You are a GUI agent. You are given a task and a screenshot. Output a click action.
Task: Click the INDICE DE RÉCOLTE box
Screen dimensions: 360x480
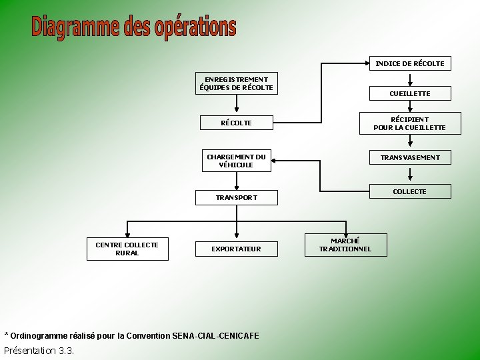pos(409,63)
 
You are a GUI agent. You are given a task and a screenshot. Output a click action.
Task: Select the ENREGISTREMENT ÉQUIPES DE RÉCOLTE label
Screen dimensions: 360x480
pos(236,83)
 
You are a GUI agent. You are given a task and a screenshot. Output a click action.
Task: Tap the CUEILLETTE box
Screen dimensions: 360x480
pos(409,93)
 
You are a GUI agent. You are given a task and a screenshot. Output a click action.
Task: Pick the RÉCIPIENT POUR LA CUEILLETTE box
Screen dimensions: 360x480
pos(409,123)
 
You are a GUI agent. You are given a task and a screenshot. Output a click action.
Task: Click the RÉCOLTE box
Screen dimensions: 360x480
pos(236,123)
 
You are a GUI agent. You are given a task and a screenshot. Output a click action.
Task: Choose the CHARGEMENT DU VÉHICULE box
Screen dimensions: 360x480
pos(236,161)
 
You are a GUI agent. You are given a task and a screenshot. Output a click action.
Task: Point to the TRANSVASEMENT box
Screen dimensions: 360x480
pos(409,157)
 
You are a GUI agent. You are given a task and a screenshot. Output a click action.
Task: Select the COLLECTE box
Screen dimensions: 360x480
pos(409,191)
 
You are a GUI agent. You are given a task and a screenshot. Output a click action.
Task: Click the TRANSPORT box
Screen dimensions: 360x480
pos(236,197)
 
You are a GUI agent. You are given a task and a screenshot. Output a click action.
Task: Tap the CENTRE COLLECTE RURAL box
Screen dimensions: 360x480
pos(127,249)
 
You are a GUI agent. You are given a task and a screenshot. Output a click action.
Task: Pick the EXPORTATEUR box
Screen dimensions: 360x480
pos(236,249)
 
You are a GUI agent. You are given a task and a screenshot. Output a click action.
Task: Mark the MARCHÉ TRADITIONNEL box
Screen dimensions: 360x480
pos(345,245)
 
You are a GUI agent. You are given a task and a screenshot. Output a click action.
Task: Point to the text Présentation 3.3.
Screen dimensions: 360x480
pos(39,351)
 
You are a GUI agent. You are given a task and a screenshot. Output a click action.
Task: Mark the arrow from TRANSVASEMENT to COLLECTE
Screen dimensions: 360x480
pos(409,174)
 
